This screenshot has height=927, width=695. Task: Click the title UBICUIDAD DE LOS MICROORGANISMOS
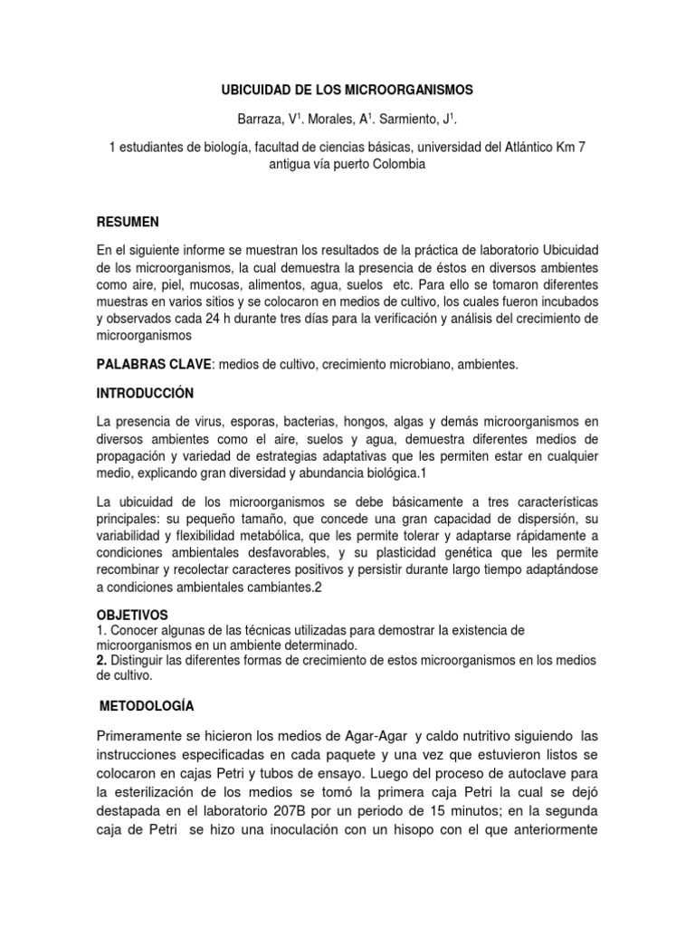click(347, 91)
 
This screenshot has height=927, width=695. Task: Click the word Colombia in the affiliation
click(395, 164)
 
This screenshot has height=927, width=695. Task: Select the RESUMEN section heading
click(128, 222)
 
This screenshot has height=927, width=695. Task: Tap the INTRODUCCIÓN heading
click(146, 394)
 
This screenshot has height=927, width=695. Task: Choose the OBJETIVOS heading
click(132, 615)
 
